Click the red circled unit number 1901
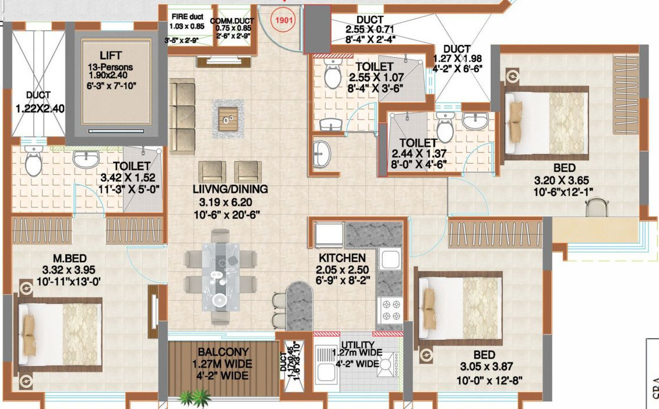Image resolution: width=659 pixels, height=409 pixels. pyautogui.click(x=285, y=19)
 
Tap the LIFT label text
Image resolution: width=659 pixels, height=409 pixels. pyautogui.click(x=111, y=55)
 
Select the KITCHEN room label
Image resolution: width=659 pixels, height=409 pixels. pyautogui.click(x=342, y=258)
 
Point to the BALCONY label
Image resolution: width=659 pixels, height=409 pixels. pyautogui.click(x=223, y=352)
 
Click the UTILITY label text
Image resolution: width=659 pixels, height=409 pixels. pyautogui.click(x=358, y=344)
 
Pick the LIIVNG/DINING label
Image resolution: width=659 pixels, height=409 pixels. pyautogui.click(x=231, y=189)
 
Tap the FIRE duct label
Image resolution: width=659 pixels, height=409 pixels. pyautogui.click(x=186, y=16)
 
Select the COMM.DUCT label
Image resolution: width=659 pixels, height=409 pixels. pyautogui.click(x=233, y=20)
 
